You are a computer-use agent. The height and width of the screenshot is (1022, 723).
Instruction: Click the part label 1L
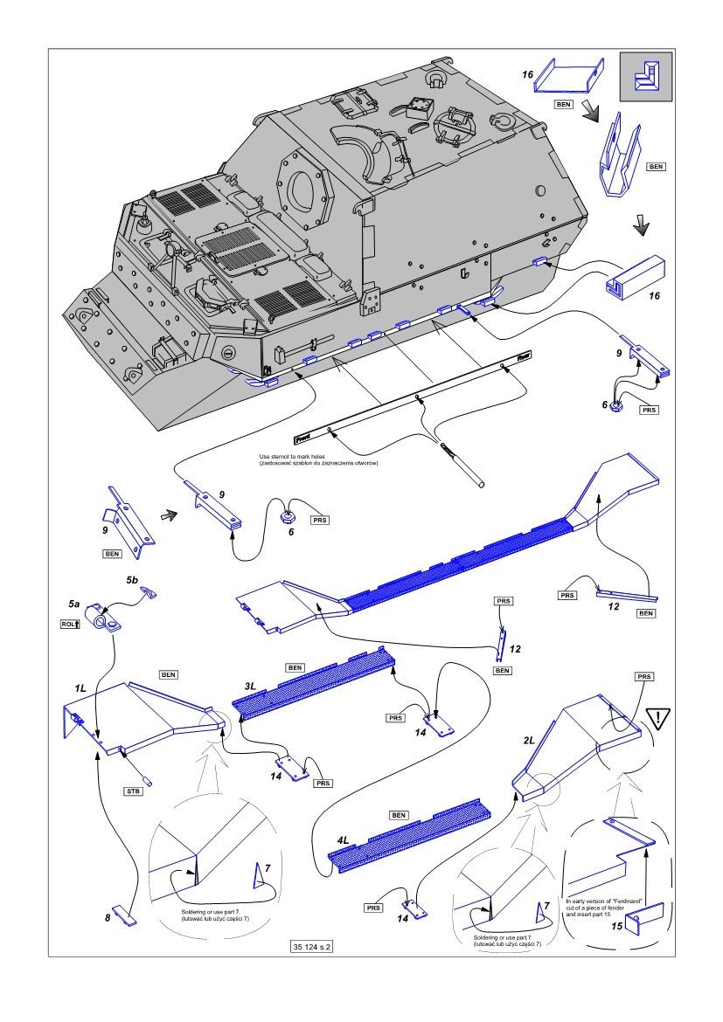[x=80, y=688]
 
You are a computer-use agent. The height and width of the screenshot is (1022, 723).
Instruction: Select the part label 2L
[x=528, y=740]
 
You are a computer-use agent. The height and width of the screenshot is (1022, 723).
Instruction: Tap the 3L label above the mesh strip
[x=250, y=686]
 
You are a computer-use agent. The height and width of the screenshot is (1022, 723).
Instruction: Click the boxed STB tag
[x=130, y=791]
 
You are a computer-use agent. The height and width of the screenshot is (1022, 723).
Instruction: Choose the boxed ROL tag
[x=71, y=624]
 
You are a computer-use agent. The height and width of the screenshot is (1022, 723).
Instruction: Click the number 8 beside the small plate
[x=108, y=918]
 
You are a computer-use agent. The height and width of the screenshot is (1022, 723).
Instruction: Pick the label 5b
[x=132, y=579]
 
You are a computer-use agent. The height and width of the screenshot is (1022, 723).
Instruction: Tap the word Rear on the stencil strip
[x=524, y=356]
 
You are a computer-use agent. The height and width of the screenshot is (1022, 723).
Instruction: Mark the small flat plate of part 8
[x=128, y=916]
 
